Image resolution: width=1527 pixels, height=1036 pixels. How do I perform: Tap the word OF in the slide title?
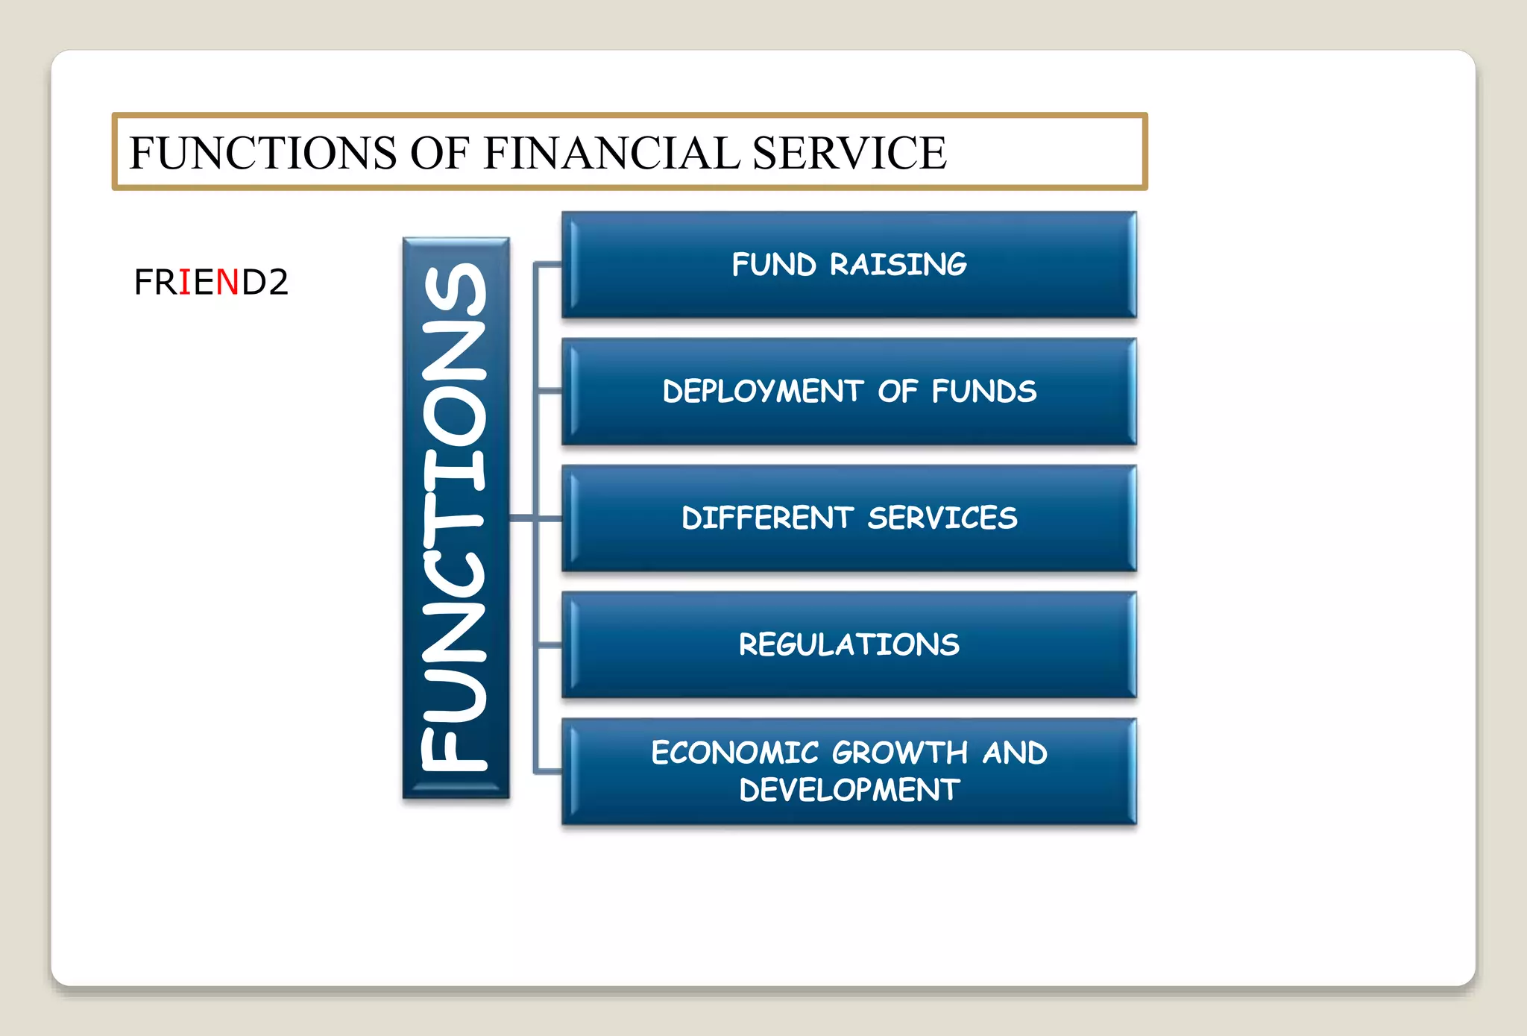439,153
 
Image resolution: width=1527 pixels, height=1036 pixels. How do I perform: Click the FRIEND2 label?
211,282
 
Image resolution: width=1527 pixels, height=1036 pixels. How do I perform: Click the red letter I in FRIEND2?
185,282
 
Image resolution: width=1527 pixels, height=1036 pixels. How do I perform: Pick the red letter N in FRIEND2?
227,282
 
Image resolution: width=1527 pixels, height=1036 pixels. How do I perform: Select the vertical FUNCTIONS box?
456,518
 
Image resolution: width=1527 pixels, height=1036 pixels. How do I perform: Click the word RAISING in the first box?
898,265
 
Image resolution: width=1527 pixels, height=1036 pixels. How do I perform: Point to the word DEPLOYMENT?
762,392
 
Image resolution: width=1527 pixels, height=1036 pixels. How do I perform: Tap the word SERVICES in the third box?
942,518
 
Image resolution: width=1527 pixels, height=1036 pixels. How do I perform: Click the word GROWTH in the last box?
899,753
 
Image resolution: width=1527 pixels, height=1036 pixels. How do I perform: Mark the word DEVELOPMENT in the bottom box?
848,790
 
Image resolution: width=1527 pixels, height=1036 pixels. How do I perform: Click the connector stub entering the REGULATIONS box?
549,644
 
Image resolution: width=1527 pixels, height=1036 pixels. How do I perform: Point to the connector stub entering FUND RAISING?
549,264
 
